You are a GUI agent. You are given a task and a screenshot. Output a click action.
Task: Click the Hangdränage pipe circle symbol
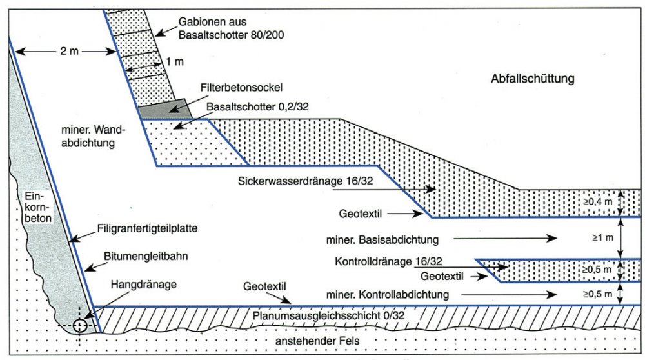click(80, 326)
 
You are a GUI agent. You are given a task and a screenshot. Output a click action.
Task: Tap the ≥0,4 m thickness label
click(597, 202)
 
